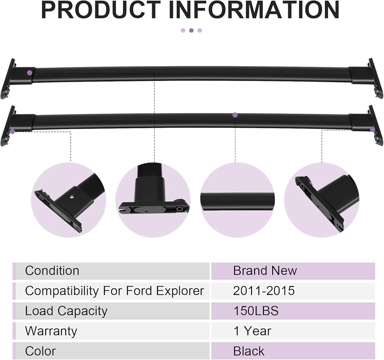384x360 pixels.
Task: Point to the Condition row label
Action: [x=52, y=270]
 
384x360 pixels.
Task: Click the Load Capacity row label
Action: [x=66, y=311]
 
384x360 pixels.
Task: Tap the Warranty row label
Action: [x=51, y=331]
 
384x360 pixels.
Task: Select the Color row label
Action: [x=40, y=351]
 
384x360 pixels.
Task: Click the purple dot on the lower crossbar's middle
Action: [x=235, y=115]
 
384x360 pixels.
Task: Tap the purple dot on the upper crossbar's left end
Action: [x=30, y=72]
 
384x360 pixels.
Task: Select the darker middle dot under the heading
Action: [x=191, y=30]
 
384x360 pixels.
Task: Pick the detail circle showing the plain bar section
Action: [x=237, y=200]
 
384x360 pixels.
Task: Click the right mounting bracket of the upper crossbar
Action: [x=374, y=79]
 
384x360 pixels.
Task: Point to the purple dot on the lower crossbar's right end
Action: [x=372, y=129]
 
